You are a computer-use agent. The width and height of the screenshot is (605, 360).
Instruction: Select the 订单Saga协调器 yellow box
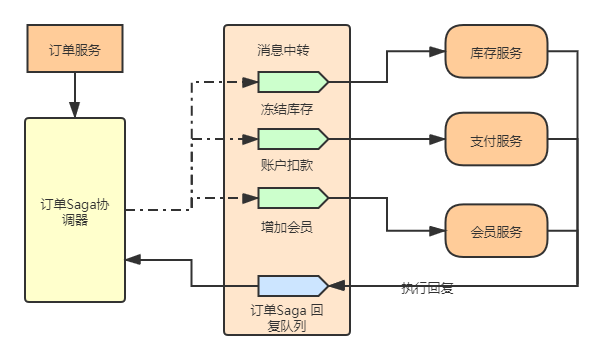pos(75,210)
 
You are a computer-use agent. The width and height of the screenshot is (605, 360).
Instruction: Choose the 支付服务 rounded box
pos(496,141)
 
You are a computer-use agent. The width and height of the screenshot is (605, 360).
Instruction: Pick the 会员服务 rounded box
pos(496,231)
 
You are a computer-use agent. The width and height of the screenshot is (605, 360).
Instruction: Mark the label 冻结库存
pos(286,107)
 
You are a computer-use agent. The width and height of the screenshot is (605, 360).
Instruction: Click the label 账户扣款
pos(286,164)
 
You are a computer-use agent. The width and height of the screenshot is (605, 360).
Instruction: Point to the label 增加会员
pos(286,226)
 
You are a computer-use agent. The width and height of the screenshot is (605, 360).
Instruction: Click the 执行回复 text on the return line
pos(427,287)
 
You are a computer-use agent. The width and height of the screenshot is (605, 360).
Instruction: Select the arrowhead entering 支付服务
pos(439,141)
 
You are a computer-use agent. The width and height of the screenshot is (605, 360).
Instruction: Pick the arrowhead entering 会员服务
pos(439,231)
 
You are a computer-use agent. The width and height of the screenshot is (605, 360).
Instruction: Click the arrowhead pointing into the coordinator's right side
pos(133,260)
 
